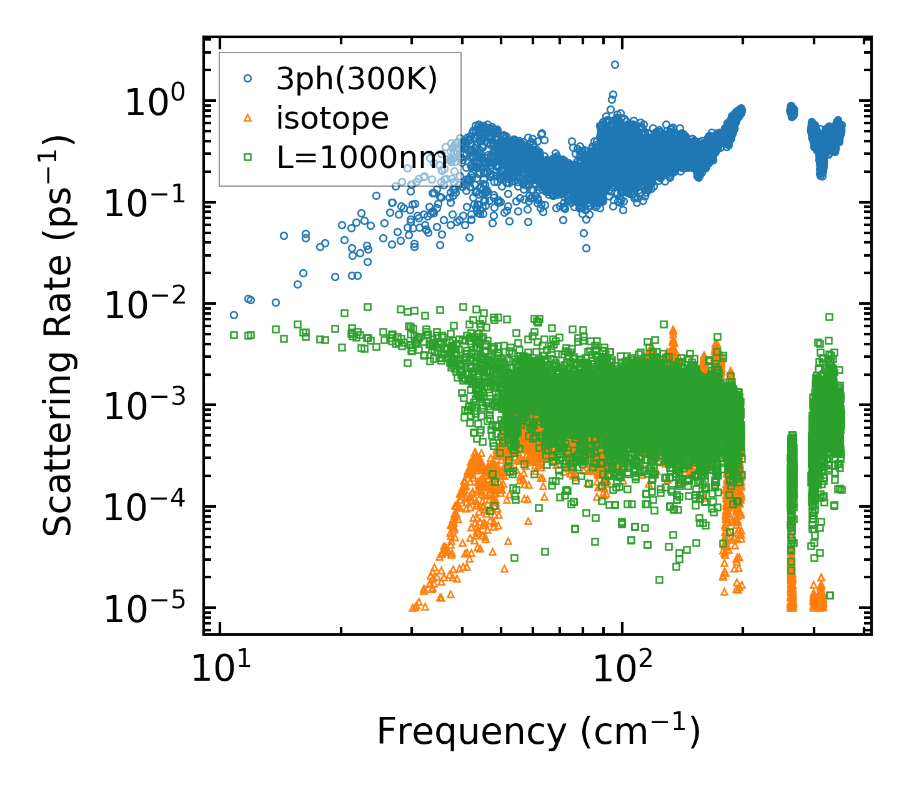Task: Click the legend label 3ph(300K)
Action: click(357, 79)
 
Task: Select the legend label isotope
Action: click(332, 118)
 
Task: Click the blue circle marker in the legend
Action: click(247, 79)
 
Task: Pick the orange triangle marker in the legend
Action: click(247, 118)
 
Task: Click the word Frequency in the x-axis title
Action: click(472, 732)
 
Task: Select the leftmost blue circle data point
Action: click(234, 315)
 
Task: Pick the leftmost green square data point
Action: click(234, 335)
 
